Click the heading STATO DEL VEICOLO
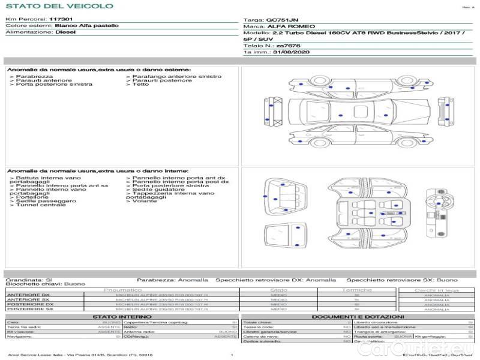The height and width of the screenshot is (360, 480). point(59,6)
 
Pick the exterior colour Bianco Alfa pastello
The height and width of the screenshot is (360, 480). point(86,26)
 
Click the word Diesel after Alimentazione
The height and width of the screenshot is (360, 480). point(65,32)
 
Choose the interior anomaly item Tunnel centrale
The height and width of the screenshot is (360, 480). point(40,205)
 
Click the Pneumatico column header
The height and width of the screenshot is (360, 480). point(123,290)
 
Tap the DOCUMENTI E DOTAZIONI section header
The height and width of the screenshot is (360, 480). point(358,316)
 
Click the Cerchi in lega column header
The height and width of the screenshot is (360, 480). point(436,290)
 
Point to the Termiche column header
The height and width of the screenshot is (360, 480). point(357,290)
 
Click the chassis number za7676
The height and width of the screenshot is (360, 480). point(289,46)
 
